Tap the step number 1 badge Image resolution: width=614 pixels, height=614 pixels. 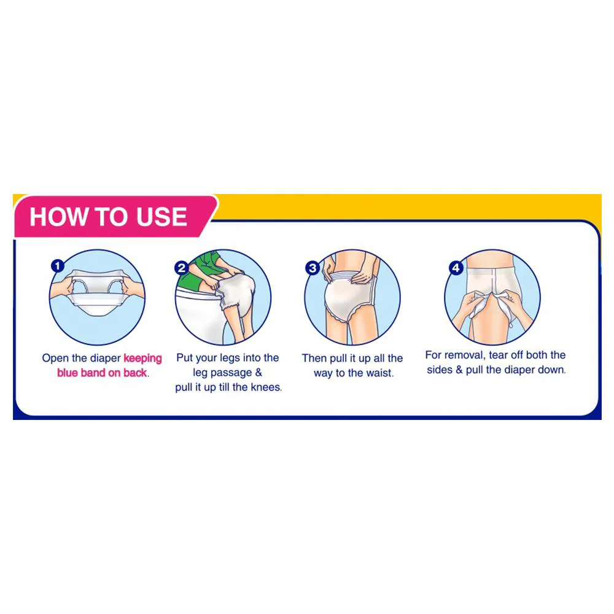58,266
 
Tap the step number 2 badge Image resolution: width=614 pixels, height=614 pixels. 182,268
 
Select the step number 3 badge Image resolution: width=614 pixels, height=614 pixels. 313,268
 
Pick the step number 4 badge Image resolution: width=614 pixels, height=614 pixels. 456,268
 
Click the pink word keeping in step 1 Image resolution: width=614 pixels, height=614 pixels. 142,359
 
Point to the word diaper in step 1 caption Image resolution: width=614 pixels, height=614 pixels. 106,359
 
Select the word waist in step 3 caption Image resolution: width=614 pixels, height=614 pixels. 379,373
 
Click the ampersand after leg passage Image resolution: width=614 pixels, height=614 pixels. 258,373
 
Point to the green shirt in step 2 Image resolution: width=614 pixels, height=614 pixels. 198,270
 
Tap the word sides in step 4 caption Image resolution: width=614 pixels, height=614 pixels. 440,370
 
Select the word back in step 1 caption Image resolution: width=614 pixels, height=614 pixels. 134,373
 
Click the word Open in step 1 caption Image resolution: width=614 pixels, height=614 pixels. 55,359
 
